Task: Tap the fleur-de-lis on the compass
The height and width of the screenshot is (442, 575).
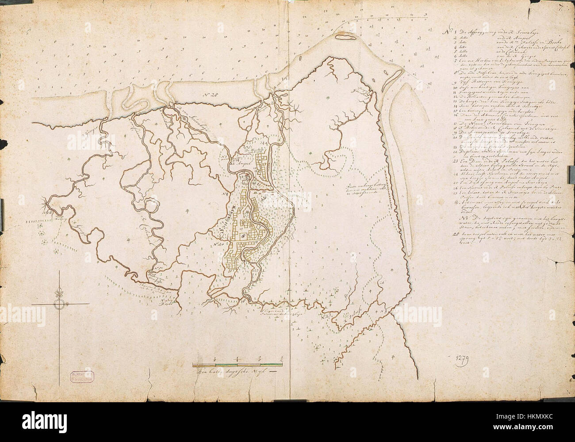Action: (x=58, y=292)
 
